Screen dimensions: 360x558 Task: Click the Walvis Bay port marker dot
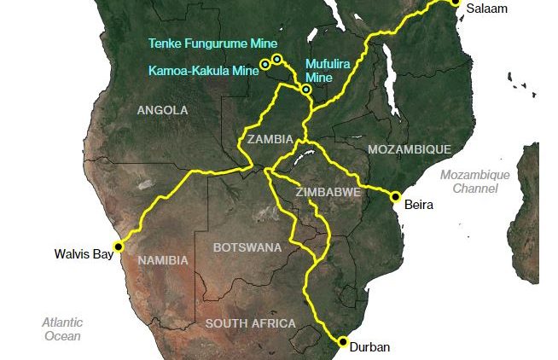[119, 246]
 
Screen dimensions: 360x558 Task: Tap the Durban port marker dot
[343, 342]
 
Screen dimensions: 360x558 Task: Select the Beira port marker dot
[395, 196]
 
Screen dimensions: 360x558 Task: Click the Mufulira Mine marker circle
[305, 89]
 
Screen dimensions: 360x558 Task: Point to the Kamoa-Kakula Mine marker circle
[265, 64]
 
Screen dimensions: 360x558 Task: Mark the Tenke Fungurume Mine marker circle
[277, 59]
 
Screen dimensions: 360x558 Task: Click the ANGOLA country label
[162, 110]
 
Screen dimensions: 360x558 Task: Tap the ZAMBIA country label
[270, 138]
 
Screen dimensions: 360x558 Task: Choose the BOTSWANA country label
[247, 247]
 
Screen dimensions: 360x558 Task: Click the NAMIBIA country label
[163, 260]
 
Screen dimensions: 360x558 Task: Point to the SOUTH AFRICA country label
[250, 323]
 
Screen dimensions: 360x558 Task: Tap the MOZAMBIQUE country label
[409, 149]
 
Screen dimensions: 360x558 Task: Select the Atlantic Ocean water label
[63, 328]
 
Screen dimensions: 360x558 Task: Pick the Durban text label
[369, 347]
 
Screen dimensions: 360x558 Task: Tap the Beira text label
[419, 205]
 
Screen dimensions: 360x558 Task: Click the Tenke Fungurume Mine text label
[212, 43]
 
